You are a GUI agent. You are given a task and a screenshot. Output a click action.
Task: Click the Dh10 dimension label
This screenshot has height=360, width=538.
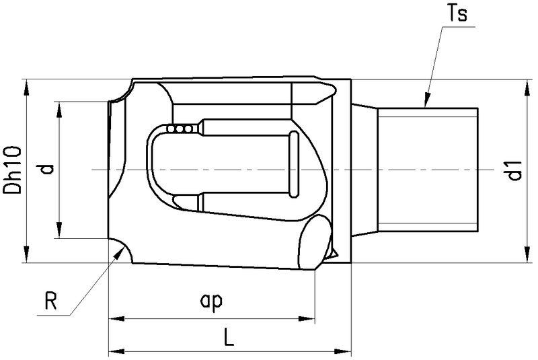tap(14, 171)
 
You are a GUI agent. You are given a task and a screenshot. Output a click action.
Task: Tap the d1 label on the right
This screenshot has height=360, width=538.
tap(515, 172)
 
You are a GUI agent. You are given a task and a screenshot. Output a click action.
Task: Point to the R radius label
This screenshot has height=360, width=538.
tap(50, 300)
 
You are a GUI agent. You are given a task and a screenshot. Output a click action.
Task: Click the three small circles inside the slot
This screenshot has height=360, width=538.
tap(181, 128)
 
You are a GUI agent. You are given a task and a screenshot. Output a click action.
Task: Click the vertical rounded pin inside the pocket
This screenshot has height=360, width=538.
tap(294, 165)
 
